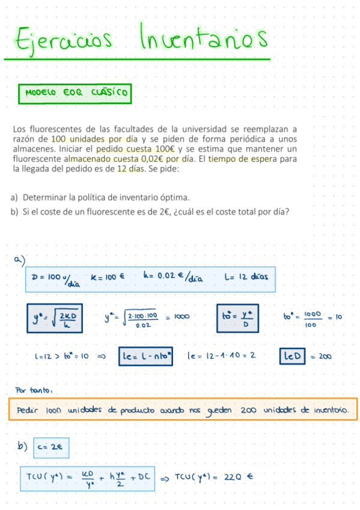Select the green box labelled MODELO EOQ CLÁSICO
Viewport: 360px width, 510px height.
point(75,93)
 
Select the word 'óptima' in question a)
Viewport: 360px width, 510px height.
point(174,197)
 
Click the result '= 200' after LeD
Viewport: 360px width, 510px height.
point(323,356)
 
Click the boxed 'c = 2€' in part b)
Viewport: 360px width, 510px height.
point(50,447)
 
